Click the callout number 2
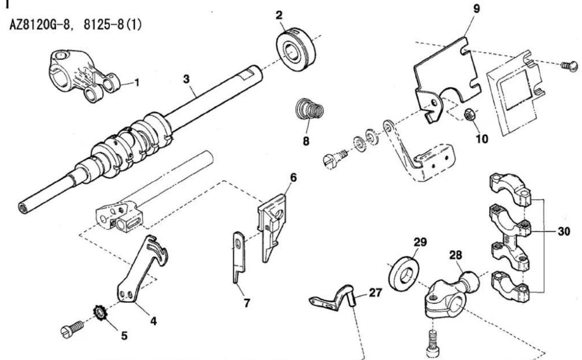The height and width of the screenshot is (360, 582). tap(279, 15)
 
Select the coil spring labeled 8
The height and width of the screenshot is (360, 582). tap(310, 109)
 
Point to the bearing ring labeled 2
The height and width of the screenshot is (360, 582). tap(296, 49)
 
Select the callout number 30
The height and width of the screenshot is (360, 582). tap(564, 231)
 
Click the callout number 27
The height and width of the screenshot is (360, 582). tap(375, 292)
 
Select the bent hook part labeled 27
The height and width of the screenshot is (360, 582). tap(335, 299)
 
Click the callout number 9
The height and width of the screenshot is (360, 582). tap(477, 9)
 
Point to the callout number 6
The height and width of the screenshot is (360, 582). tap(293, 178)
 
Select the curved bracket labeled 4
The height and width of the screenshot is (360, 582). tap(141, 271)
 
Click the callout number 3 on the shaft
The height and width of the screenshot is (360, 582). tap(186, 79)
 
